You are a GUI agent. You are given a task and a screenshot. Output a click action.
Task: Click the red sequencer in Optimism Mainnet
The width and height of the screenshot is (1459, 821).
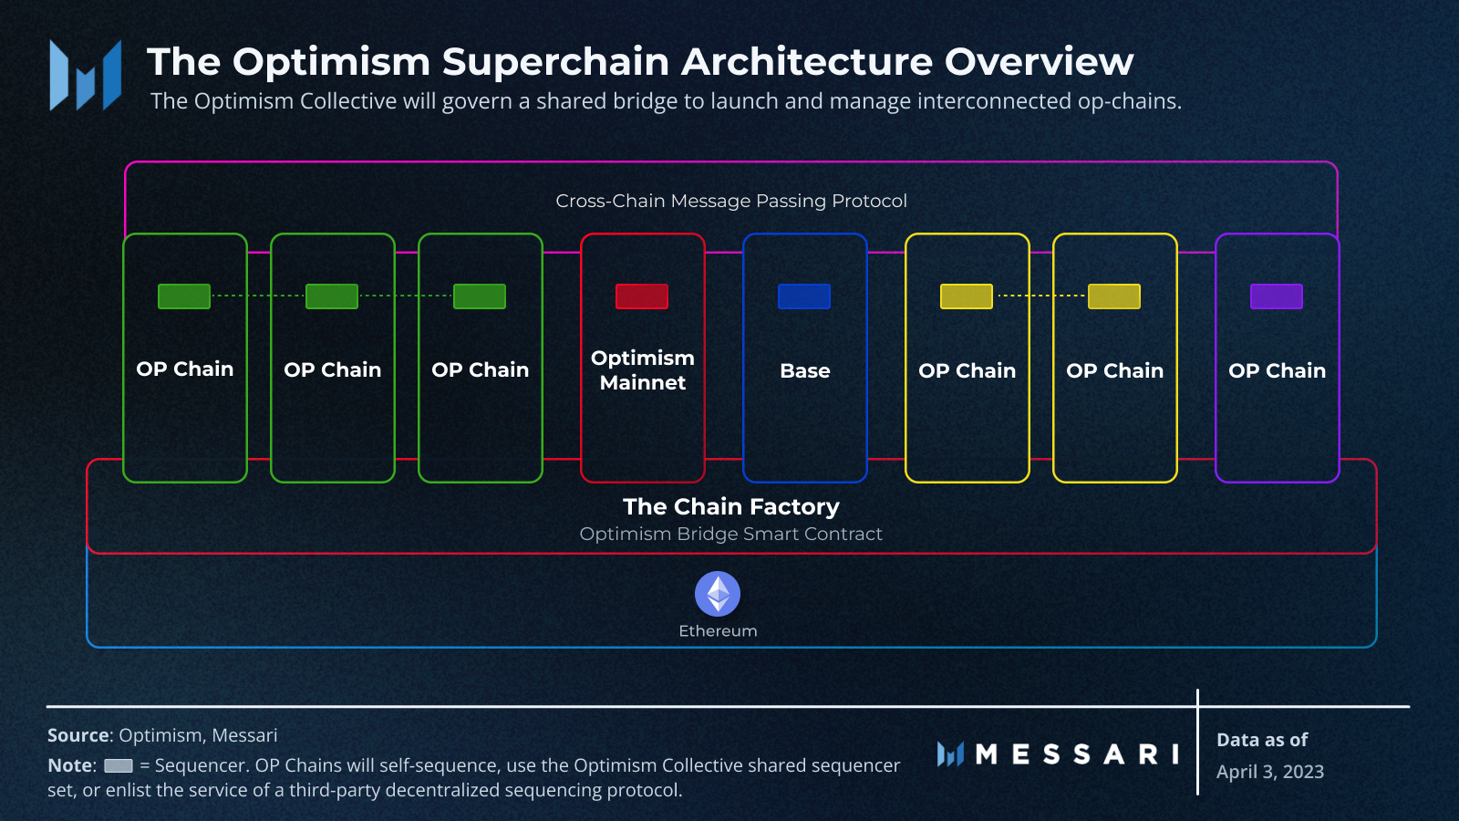642,296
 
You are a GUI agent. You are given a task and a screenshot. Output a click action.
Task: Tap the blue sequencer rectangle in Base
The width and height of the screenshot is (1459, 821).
804,296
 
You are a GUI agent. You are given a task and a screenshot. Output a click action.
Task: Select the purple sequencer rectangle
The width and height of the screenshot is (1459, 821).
1277,296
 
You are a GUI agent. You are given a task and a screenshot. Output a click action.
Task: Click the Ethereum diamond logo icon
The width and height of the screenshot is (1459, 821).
718,594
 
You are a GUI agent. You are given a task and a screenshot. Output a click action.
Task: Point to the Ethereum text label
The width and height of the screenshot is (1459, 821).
718,631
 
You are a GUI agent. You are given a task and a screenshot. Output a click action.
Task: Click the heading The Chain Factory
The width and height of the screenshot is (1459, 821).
730,506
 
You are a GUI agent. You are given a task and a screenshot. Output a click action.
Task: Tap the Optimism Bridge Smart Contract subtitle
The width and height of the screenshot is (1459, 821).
730,535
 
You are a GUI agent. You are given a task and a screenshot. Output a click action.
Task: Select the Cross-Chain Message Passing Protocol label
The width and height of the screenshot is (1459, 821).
730,201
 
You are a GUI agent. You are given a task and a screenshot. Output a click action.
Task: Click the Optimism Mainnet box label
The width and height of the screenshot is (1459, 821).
642,370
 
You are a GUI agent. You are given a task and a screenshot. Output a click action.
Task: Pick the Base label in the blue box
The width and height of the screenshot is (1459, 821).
805,371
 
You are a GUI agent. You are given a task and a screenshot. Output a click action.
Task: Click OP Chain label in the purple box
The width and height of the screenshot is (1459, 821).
1277,371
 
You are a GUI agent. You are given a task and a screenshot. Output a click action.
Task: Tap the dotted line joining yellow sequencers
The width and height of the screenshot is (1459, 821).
1040,296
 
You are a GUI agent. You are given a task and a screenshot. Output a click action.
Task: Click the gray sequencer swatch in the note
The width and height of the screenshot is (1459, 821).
119,766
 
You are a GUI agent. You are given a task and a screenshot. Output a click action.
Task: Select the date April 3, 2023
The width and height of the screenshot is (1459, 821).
1269,772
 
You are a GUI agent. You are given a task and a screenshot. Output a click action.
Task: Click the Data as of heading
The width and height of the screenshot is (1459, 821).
1262,740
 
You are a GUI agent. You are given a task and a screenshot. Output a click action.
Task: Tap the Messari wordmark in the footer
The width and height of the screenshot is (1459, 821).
1076,754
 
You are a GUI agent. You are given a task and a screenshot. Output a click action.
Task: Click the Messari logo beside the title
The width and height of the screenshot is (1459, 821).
86,76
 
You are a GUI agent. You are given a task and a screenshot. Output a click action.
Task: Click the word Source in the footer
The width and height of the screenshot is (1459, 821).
78,735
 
